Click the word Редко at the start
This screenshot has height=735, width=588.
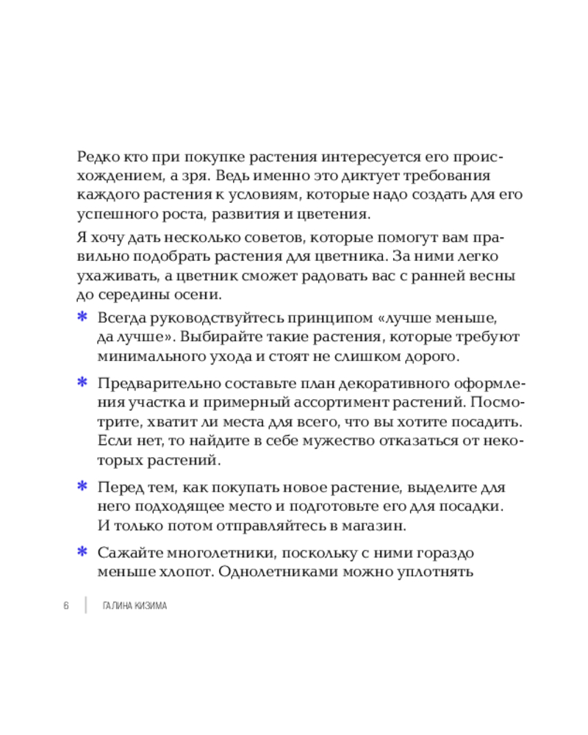(x=96, y=157)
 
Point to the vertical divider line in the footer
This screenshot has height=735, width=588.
(x=85, y=605)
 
